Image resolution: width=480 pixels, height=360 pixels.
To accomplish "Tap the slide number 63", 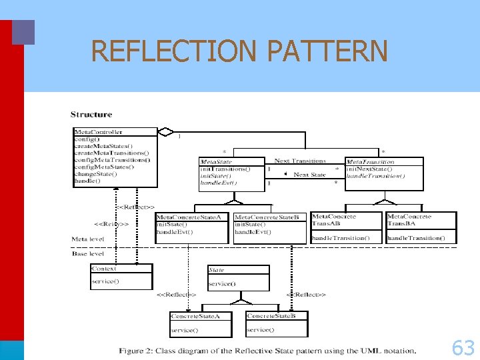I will click(463, 347).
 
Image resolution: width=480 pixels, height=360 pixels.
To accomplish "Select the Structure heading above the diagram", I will click(91, 115).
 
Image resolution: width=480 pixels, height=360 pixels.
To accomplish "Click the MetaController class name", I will click(98, 131).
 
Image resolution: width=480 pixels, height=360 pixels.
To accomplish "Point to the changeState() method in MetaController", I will click(95, 173).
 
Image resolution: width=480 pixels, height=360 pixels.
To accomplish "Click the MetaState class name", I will click(216, 161).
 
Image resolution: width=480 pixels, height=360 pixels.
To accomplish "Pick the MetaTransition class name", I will click(370, 161).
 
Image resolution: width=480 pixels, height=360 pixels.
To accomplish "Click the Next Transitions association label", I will click(300, 161).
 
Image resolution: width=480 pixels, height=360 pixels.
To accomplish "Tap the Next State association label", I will click(310, 174).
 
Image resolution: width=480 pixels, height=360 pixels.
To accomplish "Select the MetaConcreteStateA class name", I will click(193, 217).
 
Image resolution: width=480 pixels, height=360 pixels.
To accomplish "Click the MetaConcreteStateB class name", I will click(271, 217).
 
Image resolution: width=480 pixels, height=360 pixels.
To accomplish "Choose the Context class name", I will click(103, 268).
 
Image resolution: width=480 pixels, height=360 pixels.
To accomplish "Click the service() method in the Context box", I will click(105, 281).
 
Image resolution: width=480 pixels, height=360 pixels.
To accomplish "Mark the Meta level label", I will click(87, 239).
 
